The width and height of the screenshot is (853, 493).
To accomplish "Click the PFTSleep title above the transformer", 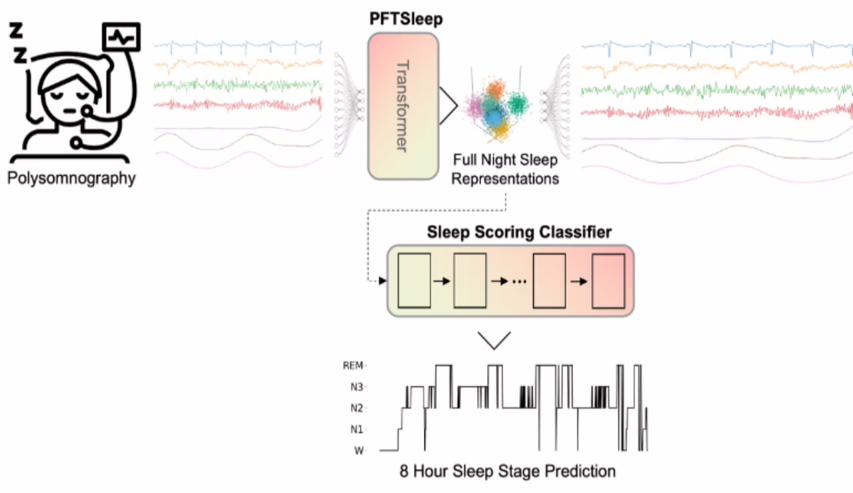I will pos(407,20).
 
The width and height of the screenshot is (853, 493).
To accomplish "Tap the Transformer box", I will pos(403,106).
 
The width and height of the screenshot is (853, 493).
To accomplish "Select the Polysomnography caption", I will pos(73,179).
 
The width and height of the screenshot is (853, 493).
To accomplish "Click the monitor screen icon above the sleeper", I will pos(121,37).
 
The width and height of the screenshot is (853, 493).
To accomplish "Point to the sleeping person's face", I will pos(66,99).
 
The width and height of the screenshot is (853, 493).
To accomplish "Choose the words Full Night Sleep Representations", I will pos(506,169).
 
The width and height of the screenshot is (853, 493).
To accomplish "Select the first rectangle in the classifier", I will pos(414,280).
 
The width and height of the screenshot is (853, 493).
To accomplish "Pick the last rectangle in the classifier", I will pos(610,280).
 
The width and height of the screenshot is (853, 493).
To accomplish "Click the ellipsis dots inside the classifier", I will pos(520,282).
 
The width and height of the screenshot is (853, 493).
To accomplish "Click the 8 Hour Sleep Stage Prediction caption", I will pos(508,472).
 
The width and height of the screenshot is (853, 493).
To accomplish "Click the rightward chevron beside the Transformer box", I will pos(448,106).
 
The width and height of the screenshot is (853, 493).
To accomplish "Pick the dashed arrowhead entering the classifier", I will pos(383,280).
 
